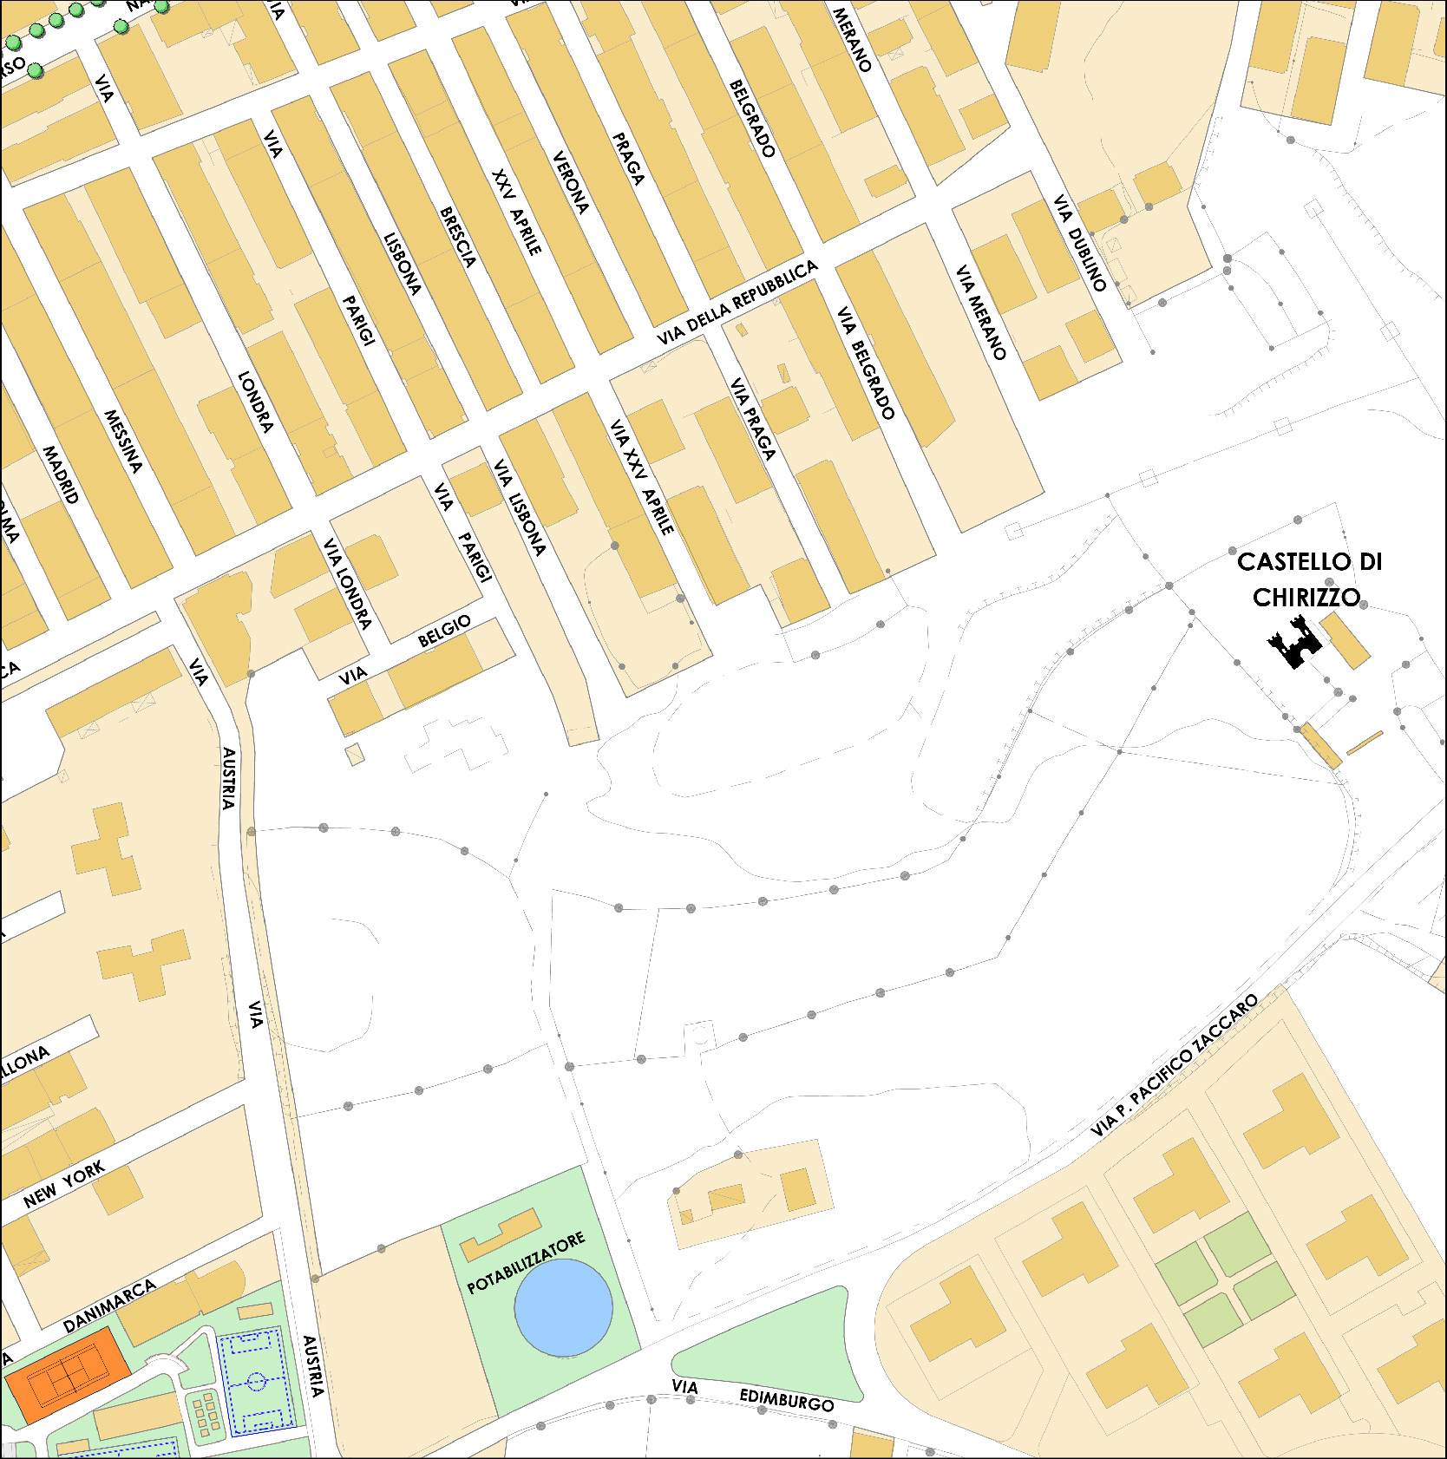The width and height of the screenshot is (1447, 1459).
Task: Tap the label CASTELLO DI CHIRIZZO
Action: pyautogui.click(x=1308, y=579)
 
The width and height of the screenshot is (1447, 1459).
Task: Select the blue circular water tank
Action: pyautogui.click(x=563, y=1307)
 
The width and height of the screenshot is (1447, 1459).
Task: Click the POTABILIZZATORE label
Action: pyautogui.click(x=526, y=1264)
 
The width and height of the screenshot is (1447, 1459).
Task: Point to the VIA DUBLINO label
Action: pyautogui.click(x=1080, y=243)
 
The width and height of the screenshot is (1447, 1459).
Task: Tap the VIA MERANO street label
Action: pyautogui.click(x=981, y=312)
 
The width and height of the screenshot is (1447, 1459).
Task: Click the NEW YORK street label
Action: pyautogui.click(x=64, y=1185)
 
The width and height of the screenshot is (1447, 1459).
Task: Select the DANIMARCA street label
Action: pyautogui.click(x=109, y=1305)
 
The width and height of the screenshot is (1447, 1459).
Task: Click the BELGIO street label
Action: pyautogui.click(x=444, y=631)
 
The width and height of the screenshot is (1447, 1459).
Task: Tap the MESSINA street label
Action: pyautogui.click(x=122, y=441)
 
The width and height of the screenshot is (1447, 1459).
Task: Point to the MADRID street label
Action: pyautogui.click(x=61, y=474)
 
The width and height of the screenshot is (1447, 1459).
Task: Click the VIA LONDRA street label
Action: pyautogui.click(x=347, y=583)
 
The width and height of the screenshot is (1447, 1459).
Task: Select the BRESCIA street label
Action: pyautogui.click(x=458, y=237)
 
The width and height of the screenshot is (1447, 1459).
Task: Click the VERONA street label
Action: pyautogui.click(x=570, y=183)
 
